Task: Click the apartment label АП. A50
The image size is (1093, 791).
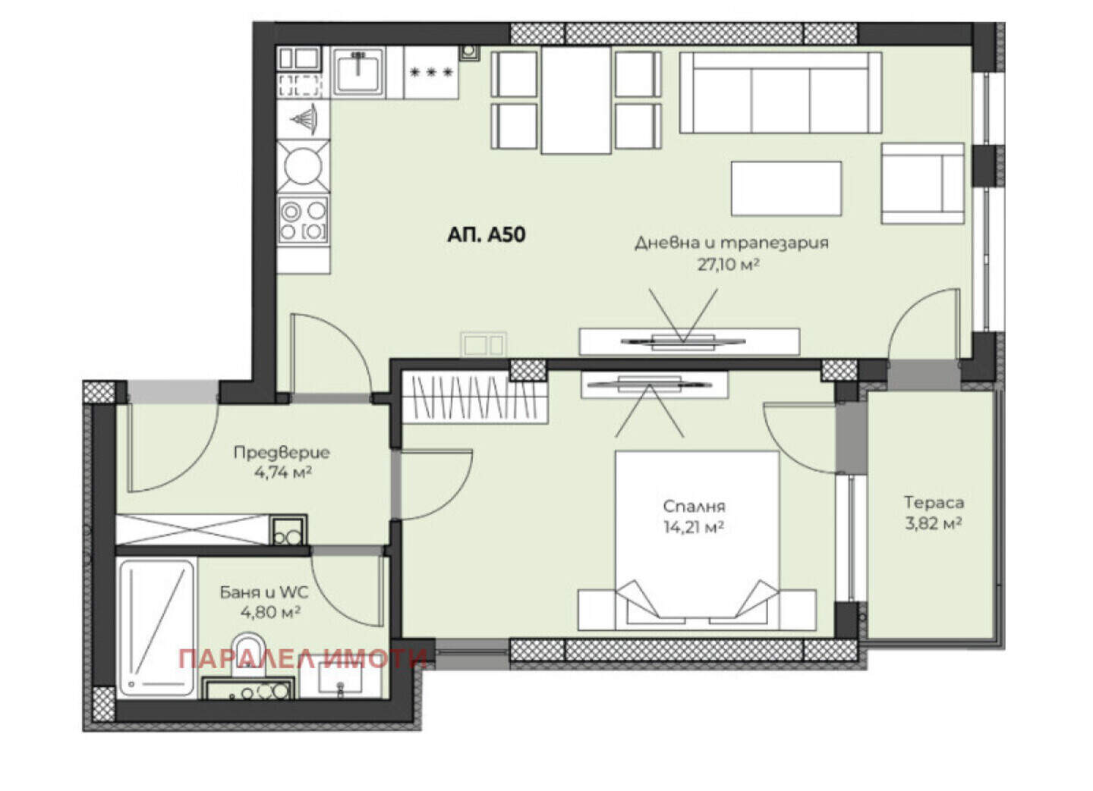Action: click(x=487, y=235)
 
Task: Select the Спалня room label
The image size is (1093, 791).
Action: click(x=695, y=506)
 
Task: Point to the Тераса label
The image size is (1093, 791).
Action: click(x=934, y=502)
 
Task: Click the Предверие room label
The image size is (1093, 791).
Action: click(x=282, y=453)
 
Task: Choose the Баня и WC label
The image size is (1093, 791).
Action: click(x=264, y=592)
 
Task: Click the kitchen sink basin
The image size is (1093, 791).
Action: click(x=358, y=72)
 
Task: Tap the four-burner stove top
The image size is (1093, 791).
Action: click(x=303, y=221)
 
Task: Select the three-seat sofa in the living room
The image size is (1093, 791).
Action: click(x=781, y=93)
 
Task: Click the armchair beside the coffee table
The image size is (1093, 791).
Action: click(x=923, y=184)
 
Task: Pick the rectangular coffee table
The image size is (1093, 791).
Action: click(x=786, y=189)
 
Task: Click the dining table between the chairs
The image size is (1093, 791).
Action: click(x=576, y=100)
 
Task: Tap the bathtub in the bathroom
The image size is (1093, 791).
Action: click(x=156, y=629)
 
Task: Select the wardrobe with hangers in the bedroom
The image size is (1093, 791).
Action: click(x=474, y=398)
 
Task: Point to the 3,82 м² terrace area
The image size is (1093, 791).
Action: click(x=934, y=524)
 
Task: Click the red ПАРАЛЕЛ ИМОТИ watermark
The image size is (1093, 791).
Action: click(x=303, y=660)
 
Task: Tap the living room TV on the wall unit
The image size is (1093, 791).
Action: click(x=683, y=341)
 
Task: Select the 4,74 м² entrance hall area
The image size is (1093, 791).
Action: click(x=283, y=472)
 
